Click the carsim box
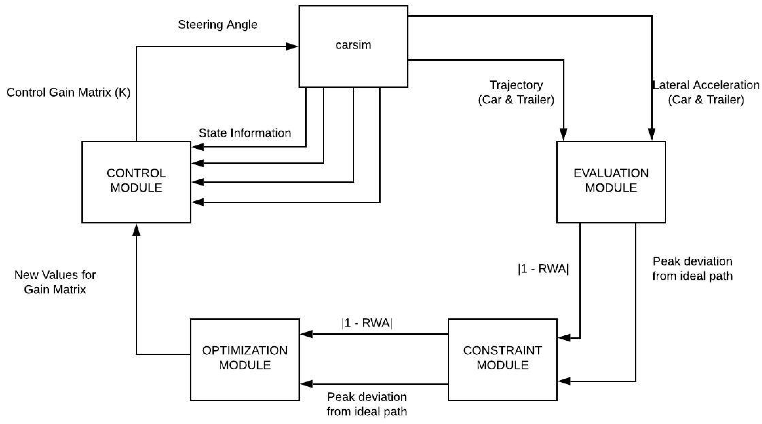tap(353, 46)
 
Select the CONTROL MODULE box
tap(136, 182)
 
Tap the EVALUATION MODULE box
tap(611, 182)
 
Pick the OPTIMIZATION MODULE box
tap(245, 359)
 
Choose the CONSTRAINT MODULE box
tap(502, 359)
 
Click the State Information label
tap(245, 133)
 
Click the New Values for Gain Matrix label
tap(55, 282)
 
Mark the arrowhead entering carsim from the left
tap(292, 46)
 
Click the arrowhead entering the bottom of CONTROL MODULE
tap(136, 230)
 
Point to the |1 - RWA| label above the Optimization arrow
tap(367, 323)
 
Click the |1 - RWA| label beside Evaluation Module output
tap(543, 269)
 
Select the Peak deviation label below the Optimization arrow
tap(367, 404)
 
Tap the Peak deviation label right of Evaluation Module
tap(692, 269)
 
